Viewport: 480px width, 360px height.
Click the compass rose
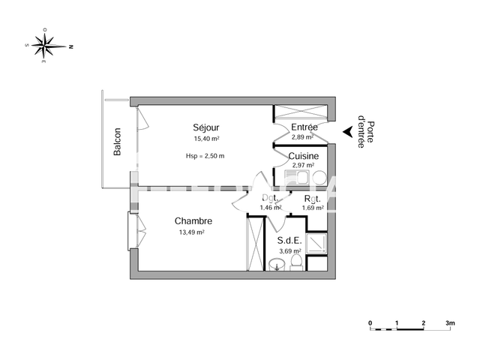click(x=49, y=45)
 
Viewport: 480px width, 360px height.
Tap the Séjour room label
click(x=206, y=127)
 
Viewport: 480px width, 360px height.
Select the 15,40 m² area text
click(x=206, y=139)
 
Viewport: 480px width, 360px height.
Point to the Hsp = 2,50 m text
click(x=205, y=156)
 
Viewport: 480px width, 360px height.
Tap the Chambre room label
click(x=193, y=221)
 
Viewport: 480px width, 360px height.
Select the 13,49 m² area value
click(x=192, y=232)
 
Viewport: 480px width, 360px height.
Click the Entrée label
click(x=304, y=127)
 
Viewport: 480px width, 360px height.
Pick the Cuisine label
click(x=304, y=156)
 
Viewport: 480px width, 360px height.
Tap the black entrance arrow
click(x=347, y=132)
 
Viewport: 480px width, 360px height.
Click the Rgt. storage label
click(x=311, y=199)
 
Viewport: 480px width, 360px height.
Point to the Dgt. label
click(x=269, y=199)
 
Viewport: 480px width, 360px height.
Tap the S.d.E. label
click(x=289, y=240)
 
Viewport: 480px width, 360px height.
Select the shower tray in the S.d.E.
click(x=316, y=242)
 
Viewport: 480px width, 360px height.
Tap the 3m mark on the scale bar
click(x=449, y=323)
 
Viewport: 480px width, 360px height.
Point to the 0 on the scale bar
click(x=370, y=323)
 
